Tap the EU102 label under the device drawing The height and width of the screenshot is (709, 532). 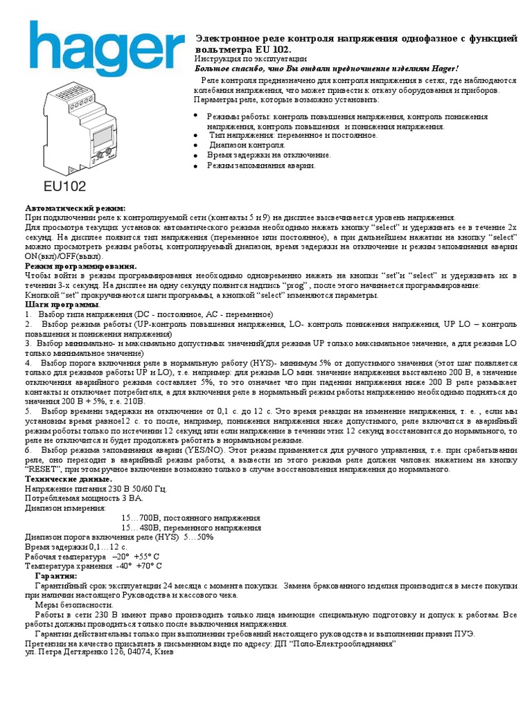coord(66,186)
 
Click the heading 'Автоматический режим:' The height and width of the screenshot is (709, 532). coord(76,208)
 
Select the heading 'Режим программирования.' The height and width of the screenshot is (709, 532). coord(80,266)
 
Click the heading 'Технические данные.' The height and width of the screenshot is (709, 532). coord(68,479)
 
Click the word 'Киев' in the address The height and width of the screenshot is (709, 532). coord(165,652)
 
